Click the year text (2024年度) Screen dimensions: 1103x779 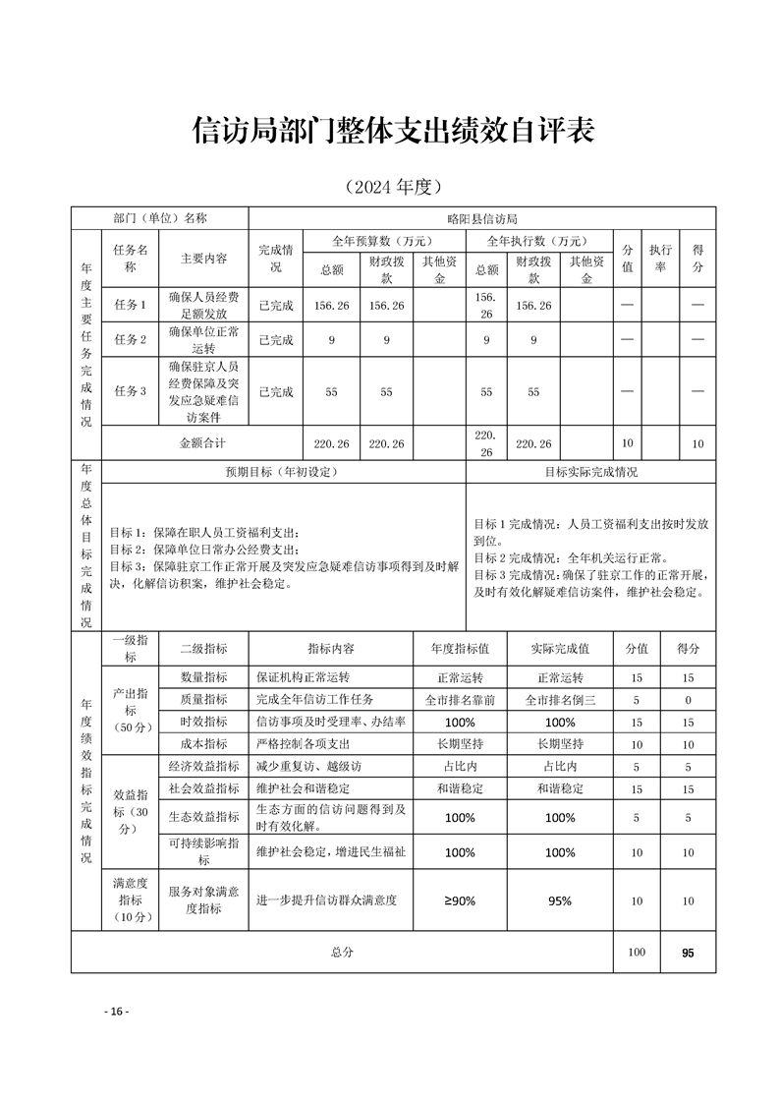pyautogui.click(x=389, y=186)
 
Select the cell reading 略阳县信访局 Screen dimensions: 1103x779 pyautogui.click(x=481, y=218)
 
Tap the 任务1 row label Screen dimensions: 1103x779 pyautogui.click(x=130, y=306)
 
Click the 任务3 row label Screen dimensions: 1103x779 pyautogui.click(x=130, y=391)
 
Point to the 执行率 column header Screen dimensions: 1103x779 pyautogui.click(x=661, y=259)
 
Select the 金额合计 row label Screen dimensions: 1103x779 pyautogui.click(x=203, y=443)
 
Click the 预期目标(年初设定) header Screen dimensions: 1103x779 pyautogui.click(x=282, y=472)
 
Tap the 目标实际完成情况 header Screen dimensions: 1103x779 pyautogui.click(x=590, y=472)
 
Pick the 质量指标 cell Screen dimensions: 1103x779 pyautogui.click(x=203, y=700)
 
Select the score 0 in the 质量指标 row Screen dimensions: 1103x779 pyautogui.click(x=688, y=700)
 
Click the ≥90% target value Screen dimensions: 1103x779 pyautogui.click(x=460, y=900)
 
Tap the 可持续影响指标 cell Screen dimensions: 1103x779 pyautogui.click(x=203, y=851)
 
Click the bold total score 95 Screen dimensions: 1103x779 pyautogui.click(x=688, y=953)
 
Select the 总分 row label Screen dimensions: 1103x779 pyautogui.click(x=342, y=953)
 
